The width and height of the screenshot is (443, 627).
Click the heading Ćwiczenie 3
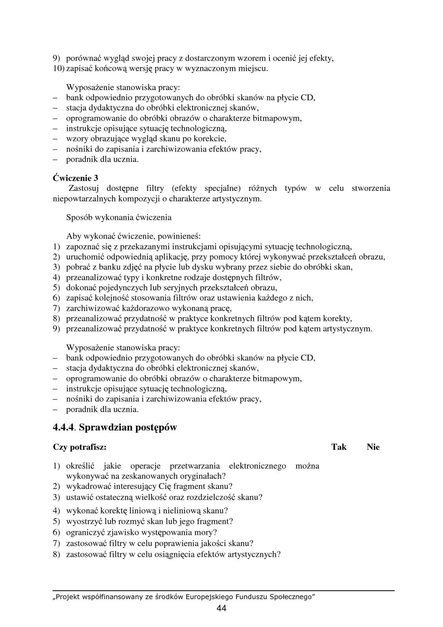tap(75, 178)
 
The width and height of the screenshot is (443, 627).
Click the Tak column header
tap(339, 447)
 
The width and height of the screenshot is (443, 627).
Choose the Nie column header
tap(373, 447)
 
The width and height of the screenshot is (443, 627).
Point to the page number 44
tap(221, 608)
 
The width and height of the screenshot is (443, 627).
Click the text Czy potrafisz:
tap(80, 447)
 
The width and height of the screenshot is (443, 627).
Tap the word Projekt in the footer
tap(69, 597)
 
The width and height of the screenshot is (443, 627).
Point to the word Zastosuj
tap(83, 188)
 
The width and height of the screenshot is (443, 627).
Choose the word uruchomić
tap(83, 257)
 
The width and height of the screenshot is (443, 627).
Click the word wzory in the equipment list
tap(77, 139)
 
